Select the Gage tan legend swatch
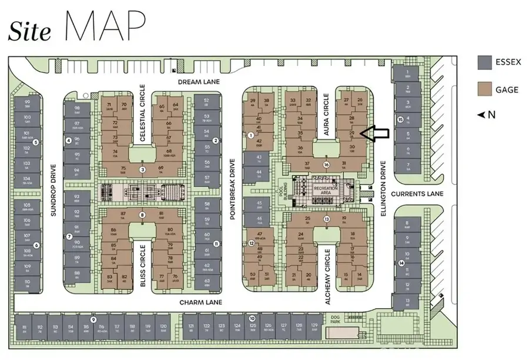point(485,90)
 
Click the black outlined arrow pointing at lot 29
point(374,134)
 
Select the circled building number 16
point(326,165)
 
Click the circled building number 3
point(142,170)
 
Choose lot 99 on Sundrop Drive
point(26,105)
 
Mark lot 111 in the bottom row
point(24,329)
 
